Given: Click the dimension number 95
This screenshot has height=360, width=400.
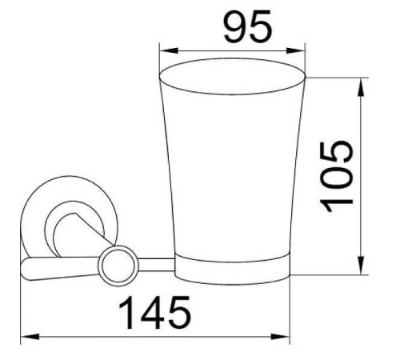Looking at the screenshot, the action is click(x=248, y=26).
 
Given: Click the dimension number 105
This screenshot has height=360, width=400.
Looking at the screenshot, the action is click(x=337, y=176).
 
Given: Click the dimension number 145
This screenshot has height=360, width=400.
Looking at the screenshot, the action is click(x=154, y=313).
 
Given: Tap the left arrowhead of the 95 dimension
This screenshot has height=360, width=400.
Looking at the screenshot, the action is click(x=169, y=50).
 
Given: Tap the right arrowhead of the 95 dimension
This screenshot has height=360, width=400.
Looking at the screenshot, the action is click(x=295, y=50).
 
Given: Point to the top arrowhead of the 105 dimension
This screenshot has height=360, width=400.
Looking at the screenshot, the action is click(x=361, y=87).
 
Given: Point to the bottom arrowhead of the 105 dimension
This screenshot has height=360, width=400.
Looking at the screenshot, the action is click(x=361, y=265).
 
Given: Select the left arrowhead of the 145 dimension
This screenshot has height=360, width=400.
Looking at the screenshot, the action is click(x=30, y=337).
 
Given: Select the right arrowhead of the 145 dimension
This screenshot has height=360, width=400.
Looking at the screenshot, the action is click(x=280, y=337).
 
